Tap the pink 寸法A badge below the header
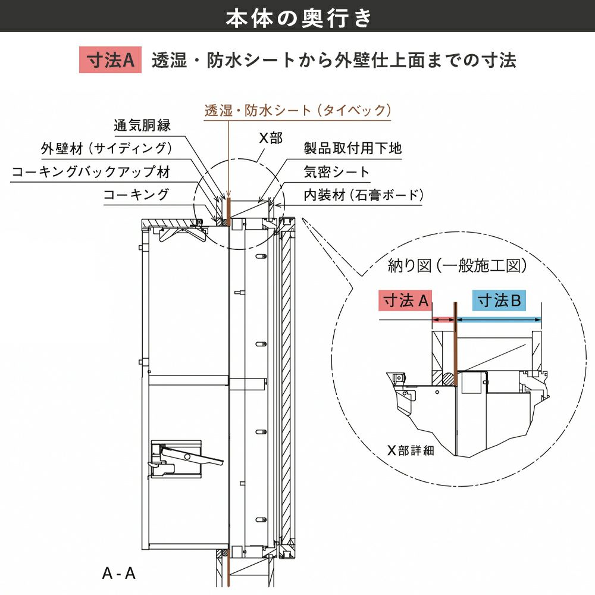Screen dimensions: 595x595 [x=110, y=61]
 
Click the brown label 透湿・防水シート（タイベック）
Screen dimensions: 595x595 [x=297, y=110]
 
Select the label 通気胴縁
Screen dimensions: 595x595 [x=142, y=126]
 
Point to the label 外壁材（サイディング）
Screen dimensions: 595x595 [x=107, y=149]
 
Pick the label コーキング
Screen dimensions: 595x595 [x=136, y=195]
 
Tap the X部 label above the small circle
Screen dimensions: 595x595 [x=270, y=138]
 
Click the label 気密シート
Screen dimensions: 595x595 [x=336, y=172]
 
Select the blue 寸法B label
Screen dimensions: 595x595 [x=499, y=301]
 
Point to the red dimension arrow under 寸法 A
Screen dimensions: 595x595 [x=443, y=320]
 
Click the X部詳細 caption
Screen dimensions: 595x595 [x=411, y=450]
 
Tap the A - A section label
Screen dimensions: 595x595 [x=119, y=574]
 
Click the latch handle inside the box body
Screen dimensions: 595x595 [x=184, y=456]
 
